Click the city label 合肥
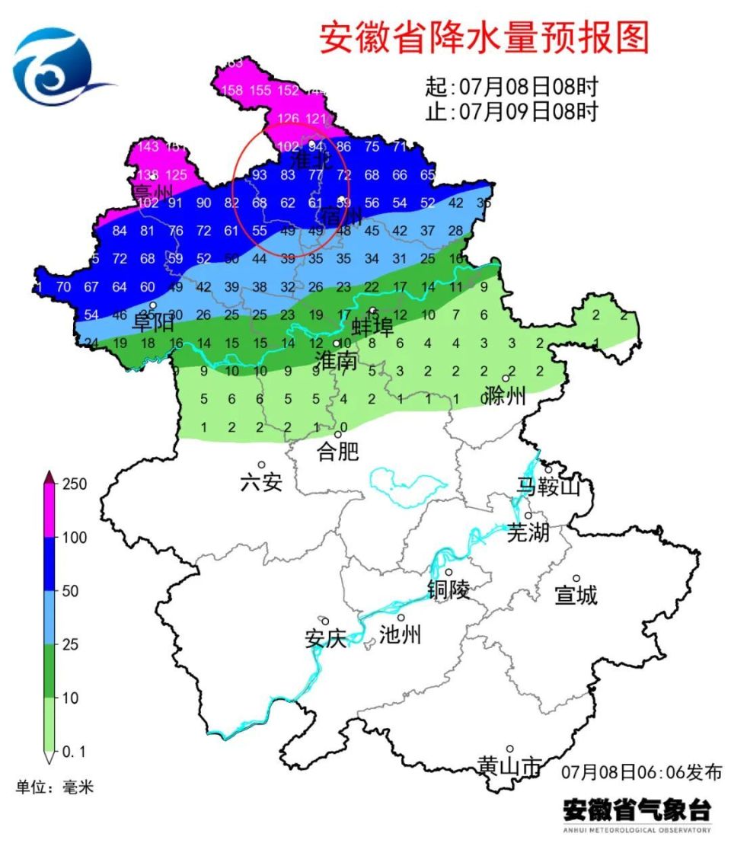coord(337,452)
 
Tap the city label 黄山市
coord(509,766)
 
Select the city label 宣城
coord(576,596)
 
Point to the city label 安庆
coord(325,639)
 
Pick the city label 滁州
coord(504,395)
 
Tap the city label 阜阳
coord(154,323)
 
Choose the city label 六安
coord(260,482)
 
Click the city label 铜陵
coord(448,589)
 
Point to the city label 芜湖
coord(528,532)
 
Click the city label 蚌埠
coord(373,327)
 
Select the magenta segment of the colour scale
coord(49,510)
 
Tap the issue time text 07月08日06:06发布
coord(641,771)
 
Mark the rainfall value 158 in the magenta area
coord(231,91)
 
